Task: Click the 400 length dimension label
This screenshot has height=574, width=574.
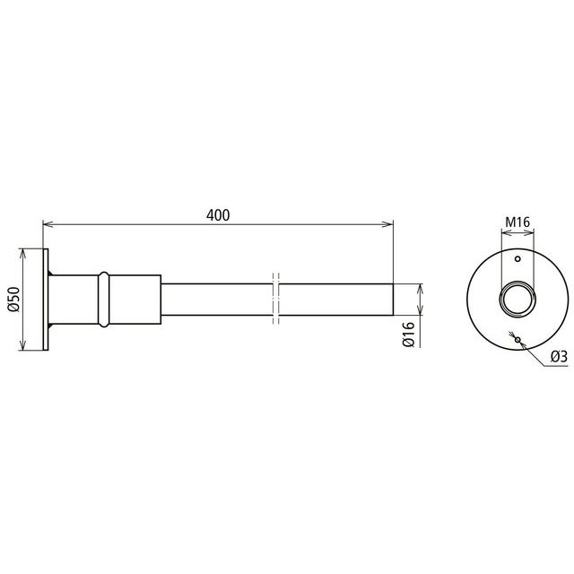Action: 218,215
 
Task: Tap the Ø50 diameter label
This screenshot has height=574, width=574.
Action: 13,299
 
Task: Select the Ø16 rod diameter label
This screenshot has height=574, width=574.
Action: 409,334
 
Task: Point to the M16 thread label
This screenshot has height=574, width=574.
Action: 517,222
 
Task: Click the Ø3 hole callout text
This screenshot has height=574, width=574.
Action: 559,356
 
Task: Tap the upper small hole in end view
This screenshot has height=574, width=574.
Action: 517,259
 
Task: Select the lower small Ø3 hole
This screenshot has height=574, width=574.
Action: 517,340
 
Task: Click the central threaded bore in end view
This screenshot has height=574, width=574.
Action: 517,300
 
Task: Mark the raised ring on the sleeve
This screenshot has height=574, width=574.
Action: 104,300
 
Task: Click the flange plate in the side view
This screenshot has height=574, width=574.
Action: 46,300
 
